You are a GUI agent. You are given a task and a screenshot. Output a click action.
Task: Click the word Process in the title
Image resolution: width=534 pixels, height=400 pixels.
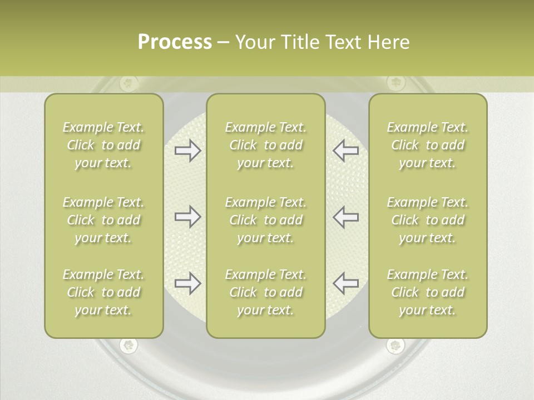[175, 42]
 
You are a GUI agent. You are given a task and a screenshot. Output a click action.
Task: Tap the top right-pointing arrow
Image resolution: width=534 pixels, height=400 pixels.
[187, 151]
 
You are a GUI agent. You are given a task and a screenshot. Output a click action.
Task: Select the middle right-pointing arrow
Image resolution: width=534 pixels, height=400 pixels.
[187, 217]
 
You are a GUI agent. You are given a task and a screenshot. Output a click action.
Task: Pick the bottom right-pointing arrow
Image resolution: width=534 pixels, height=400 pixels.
[187, 283]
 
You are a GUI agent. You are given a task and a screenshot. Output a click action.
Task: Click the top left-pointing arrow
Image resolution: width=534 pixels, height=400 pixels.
[345, 151]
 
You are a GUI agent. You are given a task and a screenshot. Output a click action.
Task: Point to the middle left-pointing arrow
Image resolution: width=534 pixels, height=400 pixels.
[345, 217]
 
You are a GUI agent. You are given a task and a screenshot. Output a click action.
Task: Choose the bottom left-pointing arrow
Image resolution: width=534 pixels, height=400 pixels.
[345, 283]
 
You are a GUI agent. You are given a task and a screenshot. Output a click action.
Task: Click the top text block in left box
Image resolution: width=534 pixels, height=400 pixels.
[103, 145]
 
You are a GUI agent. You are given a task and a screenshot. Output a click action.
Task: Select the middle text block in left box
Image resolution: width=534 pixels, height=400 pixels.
[103, 220]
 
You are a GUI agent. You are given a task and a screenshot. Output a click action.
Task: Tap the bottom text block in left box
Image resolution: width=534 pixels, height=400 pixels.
[103, 292]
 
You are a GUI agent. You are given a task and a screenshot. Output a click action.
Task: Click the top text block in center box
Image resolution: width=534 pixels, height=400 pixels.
[266, 145]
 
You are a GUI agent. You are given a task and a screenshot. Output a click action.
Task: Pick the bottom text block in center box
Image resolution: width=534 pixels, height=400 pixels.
[266, 292]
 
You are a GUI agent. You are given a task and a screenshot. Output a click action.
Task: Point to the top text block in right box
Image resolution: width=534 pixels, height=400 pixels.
[428, 145]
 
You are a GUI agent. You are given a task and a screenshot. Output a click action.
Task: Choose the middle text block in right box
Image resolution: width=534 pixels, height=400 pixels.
[428, 220]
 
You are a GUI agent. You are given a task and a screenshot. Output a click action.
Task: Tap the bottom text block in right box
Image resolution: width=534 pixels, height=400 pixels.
[428, 292]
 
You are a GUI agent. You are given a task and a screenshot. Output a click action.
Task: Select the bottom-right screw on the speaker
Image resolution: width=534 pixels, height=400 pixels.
[395, 346]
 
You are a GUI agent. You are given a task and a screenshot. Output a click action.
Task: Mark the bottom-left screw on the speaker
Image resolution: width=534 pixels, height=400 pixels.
[129, 346]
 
